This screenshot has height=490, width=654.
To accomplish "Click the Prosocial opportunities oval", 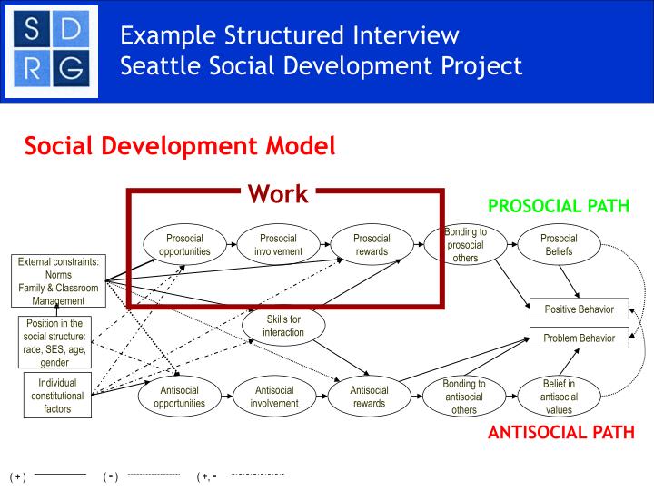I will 184,245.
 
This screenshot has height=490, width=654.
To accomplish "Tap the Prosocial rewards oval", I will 371,245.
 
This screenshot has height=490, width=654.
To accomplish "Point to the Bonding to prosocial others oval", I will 464,245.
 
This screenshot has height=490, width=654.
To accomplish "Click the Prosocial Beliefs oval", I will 558,245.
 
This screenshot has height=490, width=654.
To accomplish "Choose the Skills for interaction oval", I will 283,326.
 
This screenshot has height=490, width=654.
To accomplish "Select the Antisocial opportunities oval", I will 179,397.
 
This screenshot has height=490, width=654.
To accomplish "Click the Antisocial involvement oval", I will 274,397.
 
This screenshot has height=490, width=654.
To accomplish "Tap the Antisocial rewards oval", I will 369,397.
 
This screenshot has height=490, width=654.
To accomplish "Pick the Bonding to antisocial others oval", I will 464,397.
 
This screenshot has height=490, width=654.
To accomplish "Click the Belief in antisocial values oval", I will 558,397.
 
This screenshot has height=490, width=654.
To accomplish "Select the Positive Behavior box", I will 579,309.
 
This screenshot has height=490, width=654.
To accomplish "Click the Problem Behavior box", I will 579,338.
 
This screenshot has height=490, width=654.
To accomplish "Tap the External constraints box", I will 58,281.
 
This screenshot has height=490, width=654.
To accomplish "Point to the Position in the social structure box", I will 54,342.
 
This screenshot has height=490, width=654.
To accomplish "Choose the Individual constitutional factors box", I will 57,396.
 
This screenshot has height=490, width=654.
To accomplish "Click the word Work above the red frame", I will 278,193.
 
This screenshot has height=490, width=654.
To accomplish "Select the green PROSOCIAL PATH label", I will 558,206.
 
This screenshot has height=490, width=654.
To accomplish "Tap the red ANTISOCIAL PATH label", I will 560,432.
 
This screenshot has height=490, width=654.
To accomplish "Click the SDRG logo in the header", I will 52,50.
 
